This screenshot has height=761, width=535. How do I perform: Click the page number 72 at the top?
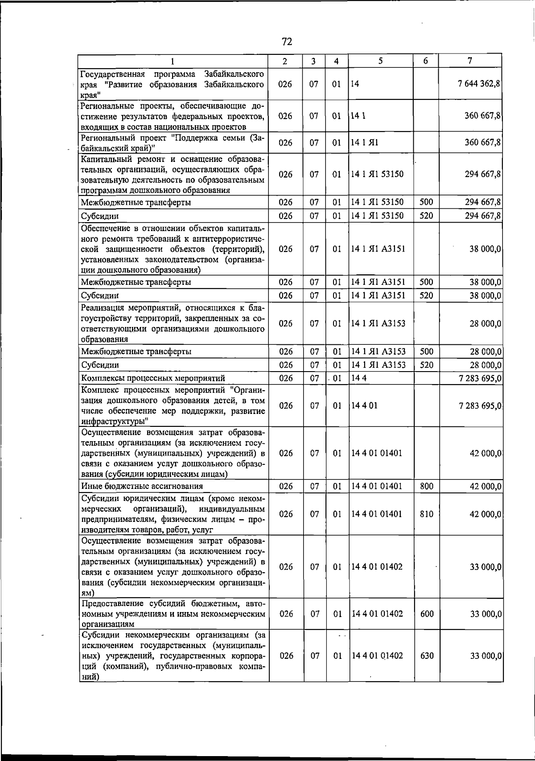point(287,42)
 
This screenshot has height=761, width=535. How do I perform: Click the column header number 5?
point(380,61)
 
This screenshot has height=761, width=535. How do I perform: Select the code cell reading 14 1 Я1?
point(364,143)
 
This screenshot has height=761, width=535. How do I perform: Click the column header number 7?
point(470,61)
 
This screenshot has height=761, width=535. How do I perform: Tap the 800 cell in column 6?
point(427,486)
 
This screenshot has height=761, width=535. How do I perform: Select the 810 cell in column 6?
point(427,514)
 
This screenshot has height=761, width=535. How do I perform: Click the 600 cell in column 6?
point(427,614)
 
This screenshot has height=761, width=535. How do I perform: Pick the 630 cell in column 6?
point(427,656)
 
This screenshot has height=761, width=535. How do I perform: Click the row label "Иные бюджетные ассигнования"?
point(142,486)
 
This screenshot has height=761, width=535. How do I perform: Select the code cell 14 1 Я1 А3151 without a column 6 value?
point(378,249)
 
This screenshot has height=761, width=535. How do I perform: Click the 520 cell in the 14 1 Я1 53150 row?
point(427,216)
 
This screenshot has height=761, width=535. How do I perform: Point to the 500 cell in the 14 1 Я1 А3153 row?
point(427,352)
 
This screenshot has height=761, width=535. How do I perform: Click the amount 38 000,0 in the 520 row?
point(485,296)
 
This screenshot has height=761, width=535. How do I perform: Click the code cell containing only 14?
point(355,84)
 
